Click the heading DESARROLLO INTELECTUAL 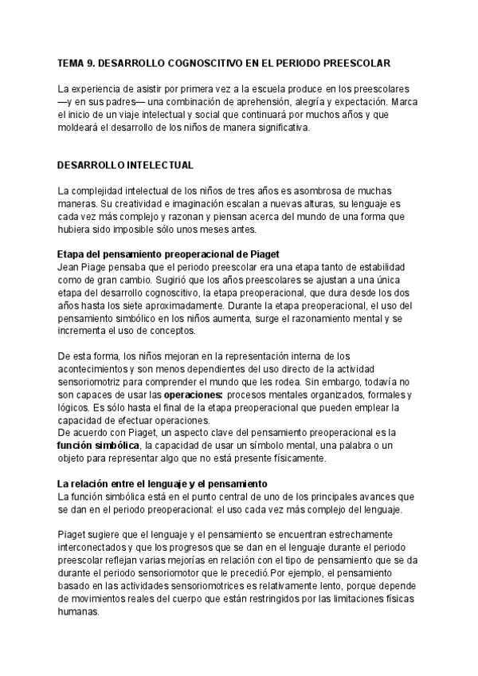[x=126, y=166]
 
